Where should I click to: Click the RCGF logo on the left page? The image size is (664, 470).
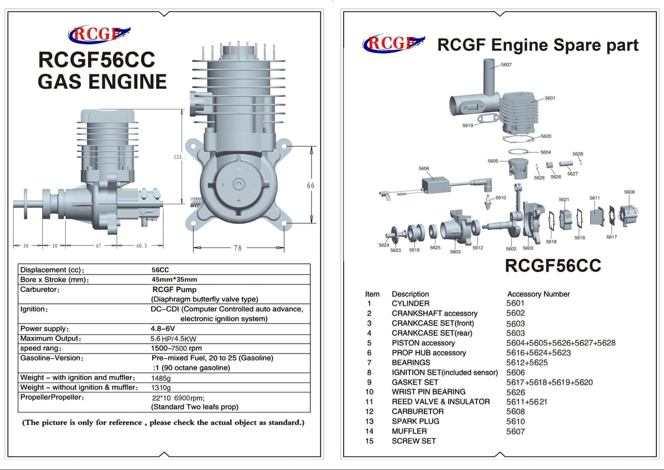pos(98,34)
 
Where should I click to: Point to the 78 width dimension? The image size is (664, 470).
pos(237,248)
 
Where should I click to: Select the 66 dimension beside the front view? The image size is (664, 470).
pos(310,185)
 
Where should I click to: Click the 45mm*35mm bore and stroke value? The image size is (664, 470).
pos(174,280)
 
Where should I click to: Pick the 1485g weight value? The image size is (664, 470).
pos(161,378)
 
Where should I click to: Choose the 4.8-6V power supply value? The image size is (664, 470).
pos(163,329)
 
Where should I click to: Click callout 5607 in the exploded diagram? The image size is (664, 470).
pos(506,65)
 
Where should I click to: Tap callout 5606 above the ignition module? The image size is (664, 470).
pos(423,168)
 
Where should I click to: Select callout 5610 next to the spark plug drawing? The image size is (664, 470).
pos(500,197)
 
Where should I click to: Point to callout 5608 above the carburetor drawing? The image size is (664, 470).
pos(629,192)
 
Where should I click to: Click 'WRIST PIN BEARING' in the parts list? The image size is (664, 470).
pos(428,391)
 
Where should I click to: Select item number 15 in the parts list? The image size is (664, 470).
pos(370,441)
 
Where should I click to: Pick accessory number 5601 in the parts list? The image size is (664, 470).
pos(515,303)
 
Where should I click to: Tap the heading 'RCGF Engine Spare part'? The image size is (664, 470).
pos(537,45)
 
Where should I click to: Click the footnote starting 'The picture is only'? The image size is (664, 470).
pos(163,422)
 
